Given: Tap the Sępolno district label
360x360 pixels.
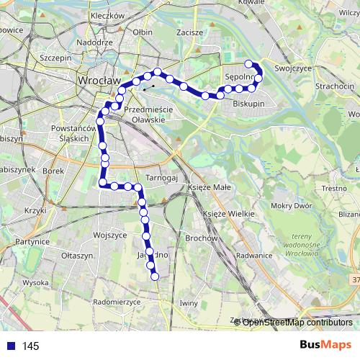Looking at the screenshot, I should click(240, 76).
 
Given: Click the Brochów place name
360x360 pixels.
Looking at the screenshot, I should click(201, 238).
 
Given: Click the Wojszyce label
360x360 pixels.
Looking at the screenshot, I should click(110, 235).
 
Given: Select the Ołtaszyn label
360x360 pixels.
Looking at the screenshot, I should click(78, 256).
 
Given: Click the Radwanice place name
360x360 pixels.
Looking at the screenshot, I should click(253, 255).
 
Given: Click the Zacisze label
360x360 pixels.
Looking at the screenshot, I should click(189, 32).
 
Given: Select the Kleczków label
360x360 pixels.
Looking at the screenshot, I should click(109, 14).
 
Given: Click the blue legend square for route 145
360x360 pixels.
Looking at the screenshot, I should click(9, 346).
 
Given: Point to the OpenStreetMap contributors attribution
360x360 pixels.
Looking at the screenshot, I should click(297, 322).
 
